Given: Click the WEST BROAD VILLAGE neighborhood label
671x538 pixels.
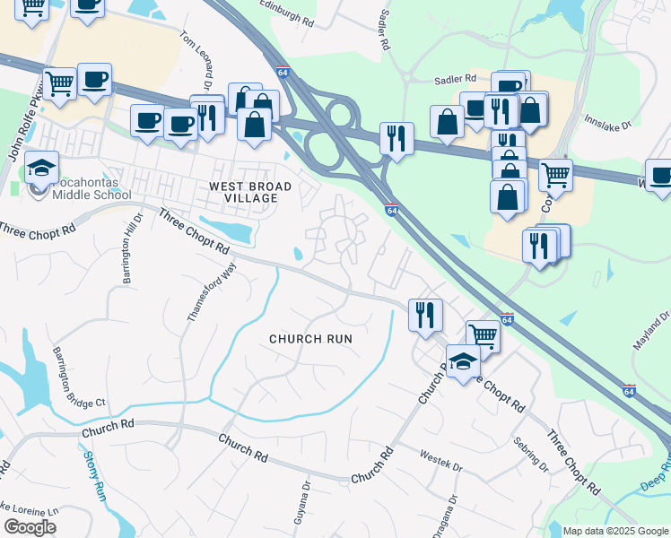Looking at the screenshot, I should (x=250, y=192).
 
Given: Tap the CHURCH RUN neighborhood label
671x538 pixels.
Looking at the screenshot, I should (x=310, y=339).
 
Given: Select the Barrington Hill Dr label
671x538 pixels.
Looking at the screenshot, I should (x=133, y=248).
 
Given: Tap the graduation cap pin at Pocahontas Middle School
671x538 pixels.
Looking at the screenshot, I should (x=41, y=167).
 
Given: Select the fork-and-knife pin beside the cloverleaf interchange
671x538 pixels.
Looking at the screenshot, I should (x=396, y=138).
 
